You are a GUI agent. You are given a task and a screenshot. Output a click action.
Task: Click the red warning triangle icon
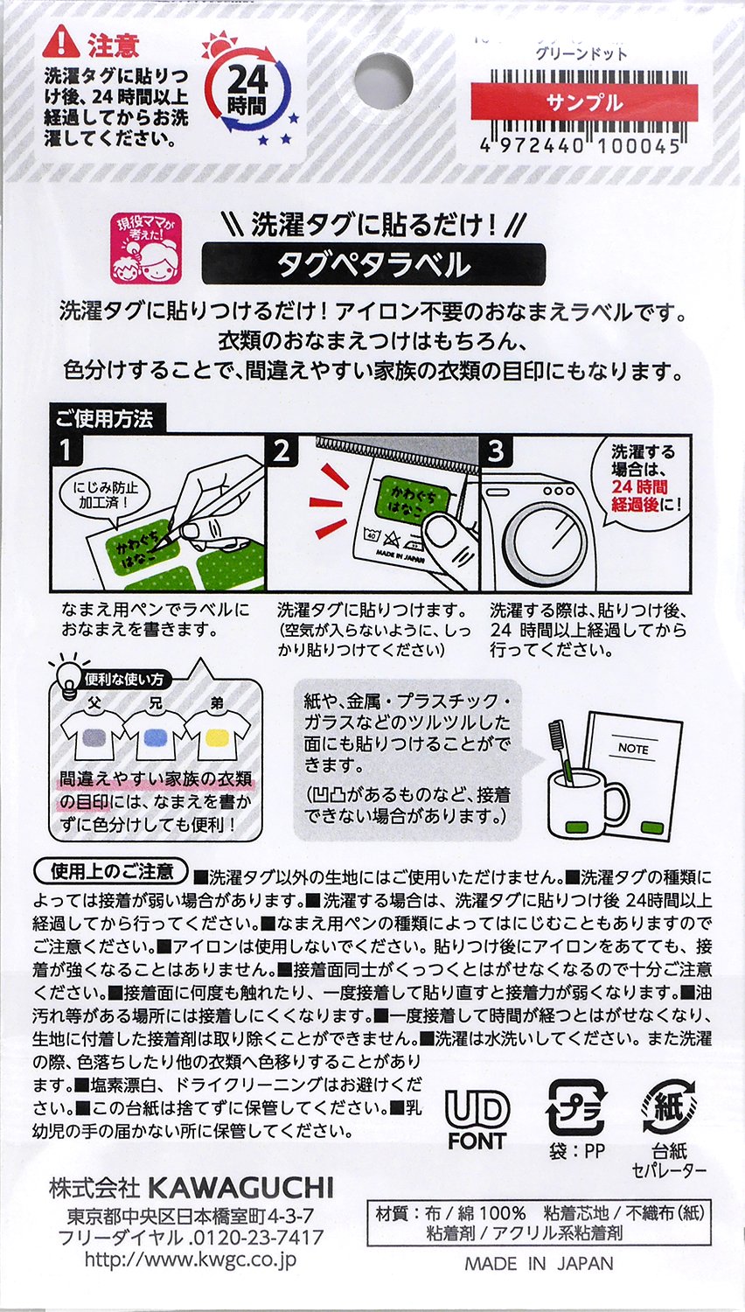click(61, 42)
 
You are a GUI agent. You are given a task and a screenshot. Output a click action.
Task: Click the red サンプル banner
click(584, 102)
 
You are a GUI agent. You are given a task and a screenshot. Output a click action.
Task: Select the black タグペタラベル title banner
click(373, 263)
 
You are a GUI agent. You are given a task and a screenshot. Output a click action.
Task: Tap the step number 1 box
click(66, 450)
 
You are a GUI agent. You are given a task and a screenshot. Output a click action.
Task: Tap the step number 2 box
click(282, 450)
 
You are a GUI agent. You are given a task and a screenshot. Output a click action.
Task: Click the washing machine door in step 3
click(543, 543)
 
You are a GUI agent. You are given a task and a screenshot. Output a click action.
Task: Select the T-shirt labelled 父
click(91, 739)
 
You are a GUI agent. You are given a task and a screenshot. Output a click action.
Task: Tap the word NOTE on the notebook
click(632, 749)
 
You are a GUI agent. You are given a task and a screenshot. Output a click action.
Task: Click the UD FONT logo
click(477, 1120)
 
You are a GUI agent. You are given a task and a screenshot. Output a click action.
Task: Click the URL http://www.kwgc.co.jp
click(190, 1260)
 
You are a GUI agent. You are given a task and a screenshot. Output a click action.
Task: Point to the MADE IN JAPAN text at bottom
click(539, 1263)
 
